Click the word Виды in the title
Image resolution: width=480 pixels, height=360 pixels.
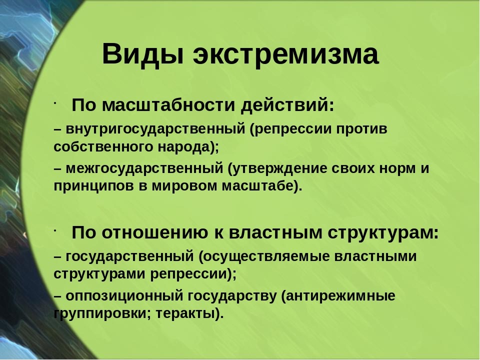click(143, 54)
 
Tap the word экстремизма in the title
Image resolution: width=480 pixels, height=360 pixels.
click(286, 55)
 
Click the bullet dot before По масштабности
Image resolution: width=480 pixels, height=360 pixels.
click(55, 103)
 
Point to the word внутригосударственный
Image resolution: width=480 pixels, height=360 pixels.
click(155, 129)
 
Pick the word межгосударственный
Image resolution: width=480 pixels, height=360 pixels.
click(144, 168)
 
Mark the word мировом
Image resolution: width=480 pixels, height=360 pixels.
click(184, 186)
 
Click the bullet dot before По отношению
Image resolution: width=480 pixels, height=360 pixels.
click(55, 231)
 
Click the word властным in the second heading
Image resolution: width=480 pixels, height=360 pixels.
click(275, 233)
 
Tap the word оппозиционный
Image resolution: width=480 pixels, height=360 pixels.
click(124, 296)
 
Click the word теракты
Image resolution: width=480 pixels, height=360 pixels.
click(189, 314)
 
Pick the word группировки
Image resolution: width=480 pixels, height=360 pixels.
click(102, 314)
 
